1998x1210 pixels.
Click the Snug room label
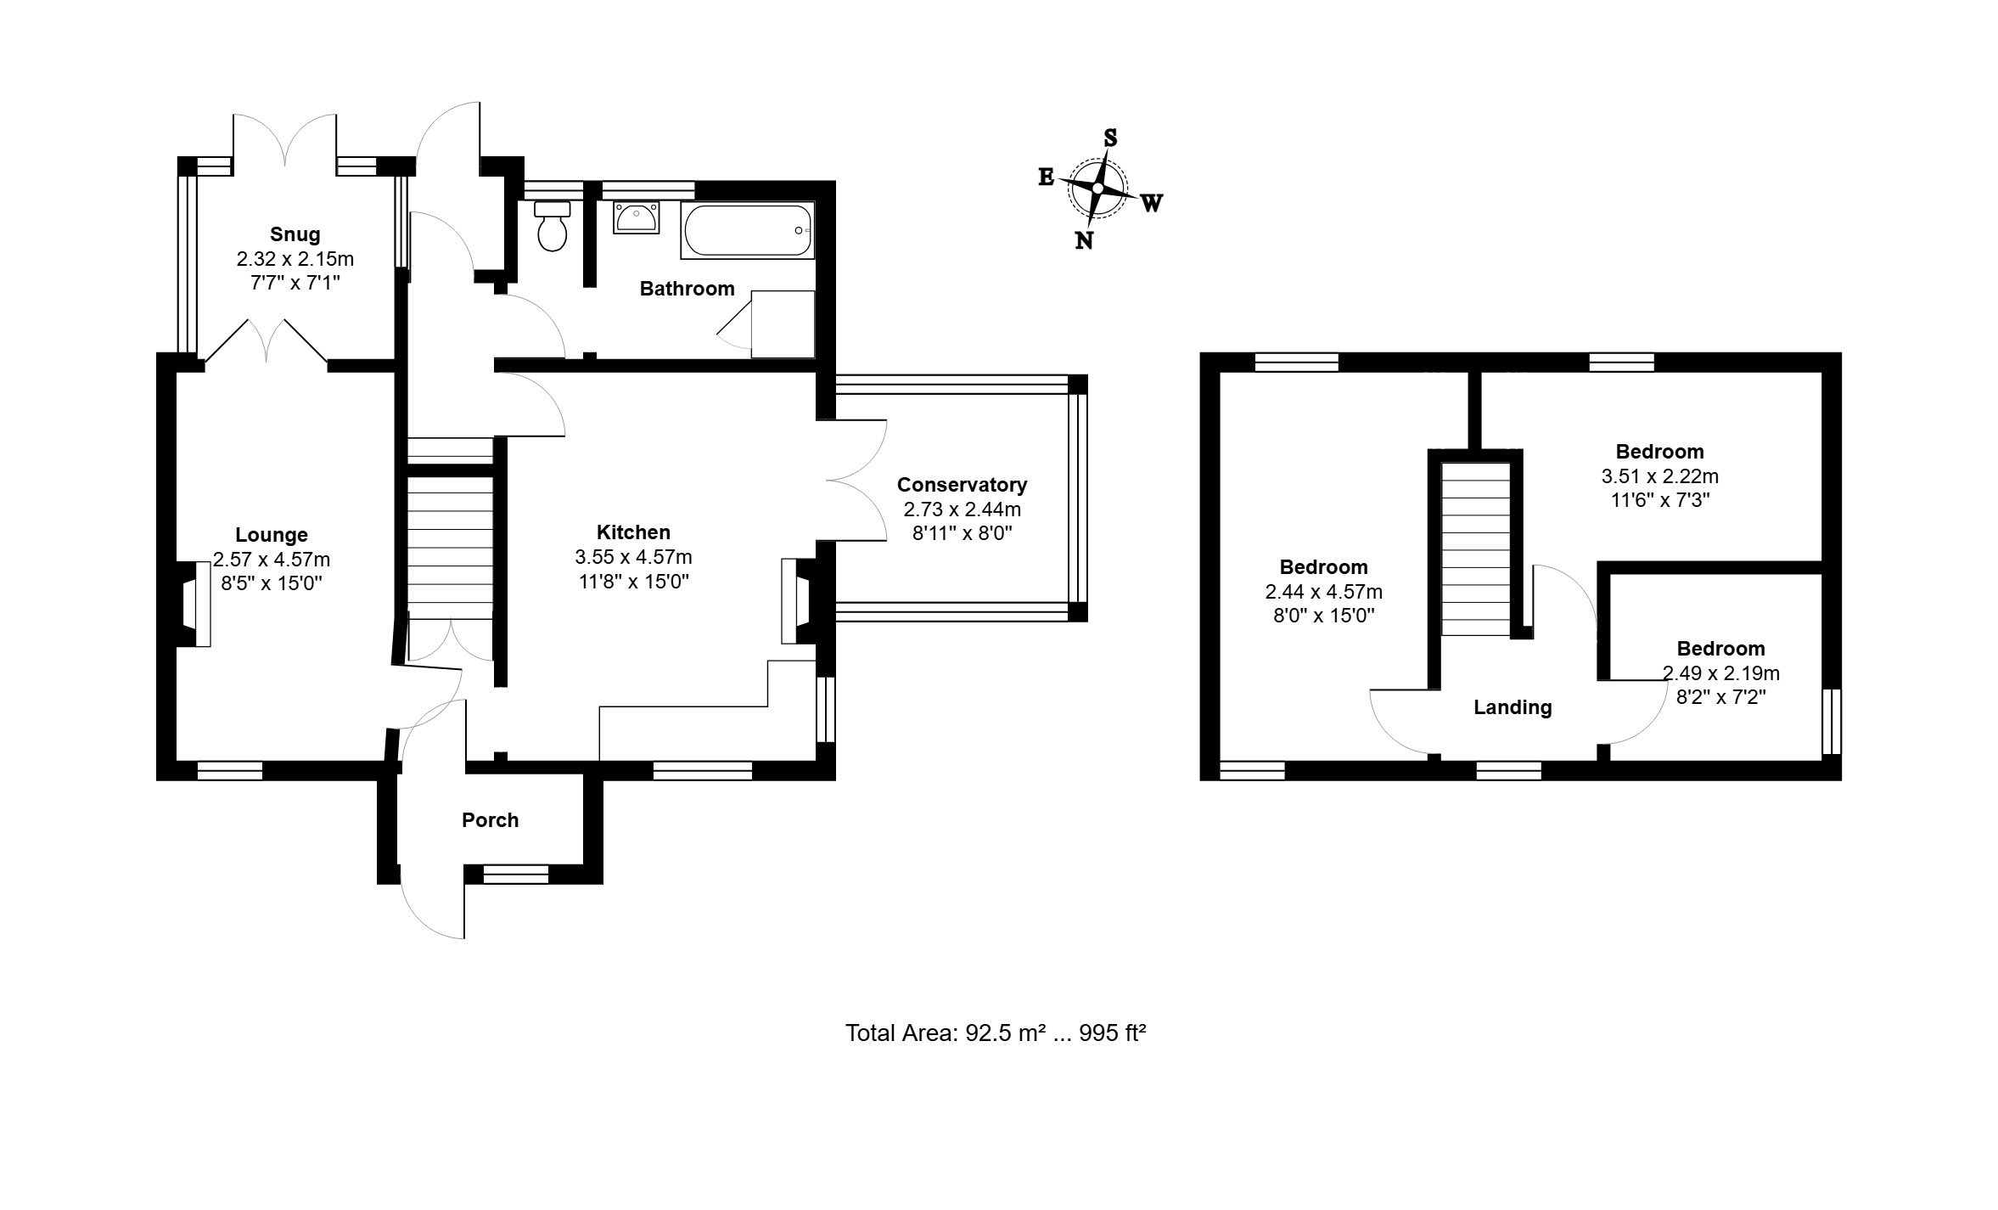tap(295, 234)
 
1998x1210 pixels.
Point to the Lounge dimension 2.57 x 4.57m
tap(272, 560)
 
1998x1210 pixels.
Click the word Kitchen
tap(633, 532)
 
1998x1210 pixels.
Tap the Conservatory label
tap(963, 485)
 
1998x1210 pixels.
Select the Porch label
tap(490, 820)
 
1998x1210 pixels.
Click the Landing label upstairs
tap(1513, 707)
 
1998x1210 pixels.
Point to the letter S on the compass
tap(1109, 138)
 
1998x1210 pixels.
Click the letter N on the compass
tap(1084, 241)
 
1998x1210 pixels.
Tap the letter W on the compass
tap(1152, 203)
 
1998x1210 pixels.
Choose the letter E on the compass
tap(1047, 177)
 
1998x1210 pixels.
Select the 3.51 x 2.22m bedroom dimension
tap(1659, 476)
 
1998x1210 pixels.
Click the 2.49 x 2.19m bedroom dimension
tap(1720, 673)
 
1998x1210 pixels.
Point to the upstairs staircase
tap(1476, 549)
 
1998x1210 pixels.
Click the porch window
tap(516, 874)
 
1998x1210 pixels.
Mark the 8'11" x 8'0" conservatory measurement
tap(963, 533)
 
